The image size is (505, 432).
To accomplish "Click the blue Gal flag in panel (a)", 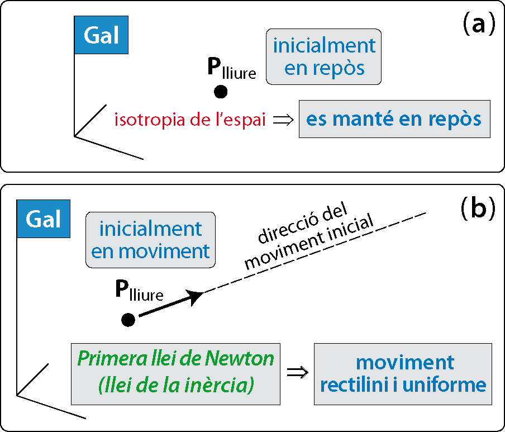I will coord(101,35).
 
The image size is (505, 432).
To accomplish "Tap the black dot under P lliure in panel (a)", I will coord(220,92).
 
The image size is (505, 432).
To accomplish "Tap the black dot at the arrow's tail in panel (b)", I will coord(128,320).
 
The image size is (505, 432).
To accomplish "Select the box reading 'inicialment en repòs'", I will coord(324,57).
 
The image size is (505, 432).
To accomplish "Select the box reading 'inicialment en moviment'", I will coord(150,239).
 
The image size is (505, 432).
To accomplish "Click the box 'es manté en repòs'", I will coord(394,119).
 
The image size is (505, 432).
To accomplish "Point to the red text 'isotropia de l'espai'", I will coord(190,120).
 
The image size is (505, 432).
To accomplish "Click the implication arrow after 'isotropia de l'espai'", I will coord(282,120).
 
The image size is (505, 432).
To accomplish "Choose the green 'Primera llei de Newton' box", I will coord(175,373).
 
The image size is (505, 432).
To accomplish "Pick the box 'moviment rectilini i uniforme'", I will coord(403,373).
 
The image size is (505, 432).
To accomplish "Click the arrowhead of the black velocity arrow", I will coord(195,296).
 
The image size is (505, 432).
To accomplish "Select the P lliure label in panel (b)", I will coord(139,291).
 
